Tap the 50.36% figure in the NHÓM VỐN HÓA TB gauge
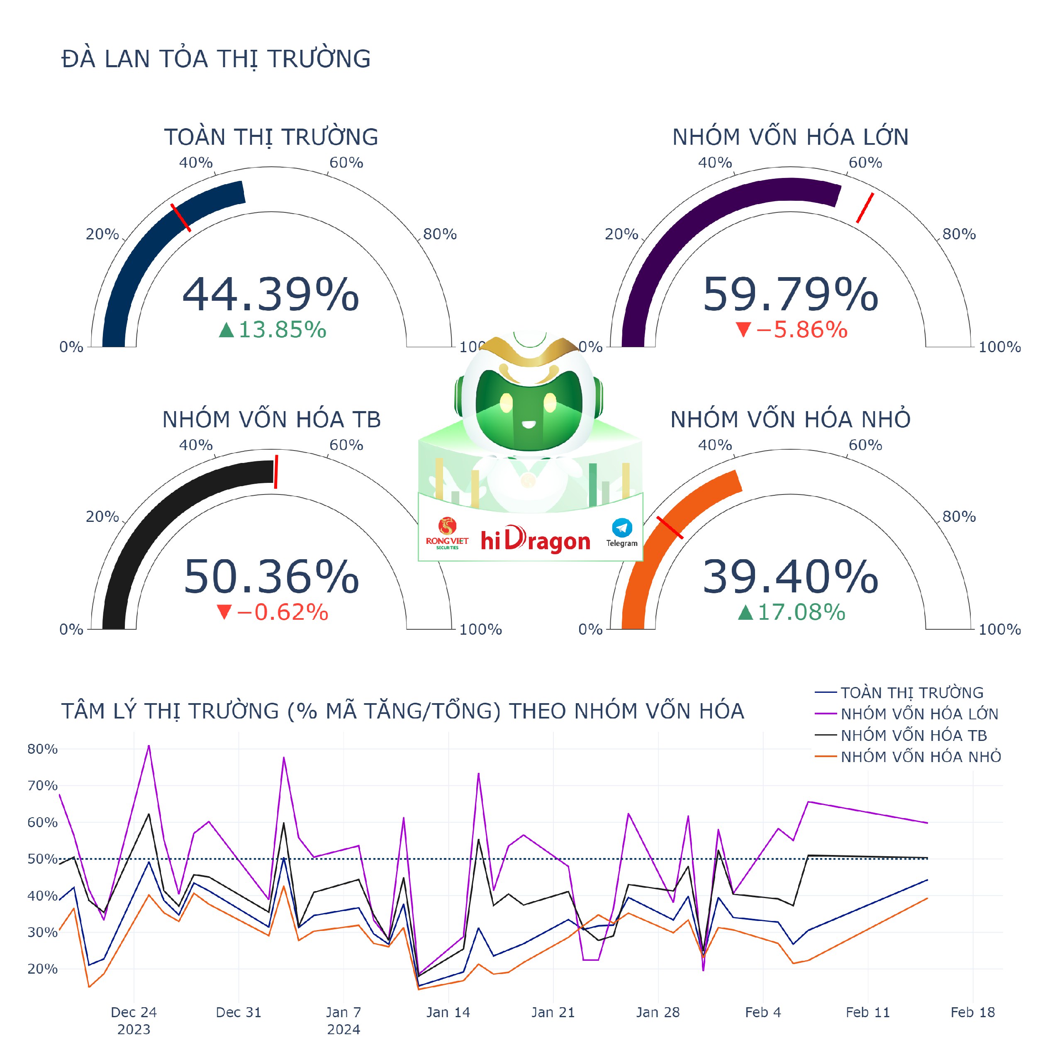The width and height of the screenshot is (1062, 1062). coord(270,577)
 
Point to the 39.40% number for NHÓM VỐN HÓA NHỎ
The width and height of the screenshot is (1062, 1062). coord(790,577)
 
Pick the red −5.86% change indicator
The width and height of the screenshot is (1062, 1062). coord(792,330)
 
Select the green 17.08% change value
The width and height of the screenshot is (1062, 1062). coord(792,612)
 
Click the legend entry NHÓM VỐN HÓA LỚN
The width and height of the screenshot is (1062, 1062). coord(919,714)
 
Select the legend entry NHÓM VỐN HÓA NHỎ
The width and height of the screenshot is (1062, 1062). coord(920,757)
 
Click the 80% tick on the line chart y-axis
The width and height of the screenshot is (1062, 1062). coord(42,749)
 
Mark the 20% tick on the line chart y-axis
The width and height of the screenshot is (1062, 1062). coord(42,969)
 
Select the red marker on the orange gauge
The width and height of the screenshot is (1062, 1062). coord(670,527)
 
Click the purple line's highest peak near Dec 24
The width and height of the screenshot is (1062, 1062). coord(149,746)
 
